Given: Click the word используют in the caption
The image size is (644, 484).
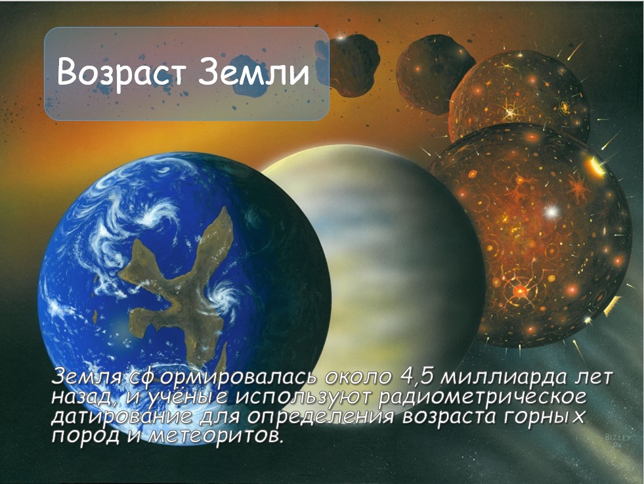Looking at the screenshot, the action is click(x=303, y=398).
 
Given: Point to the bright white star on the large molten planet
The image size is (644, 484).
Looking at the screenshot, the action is click(x=551, y=212).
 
